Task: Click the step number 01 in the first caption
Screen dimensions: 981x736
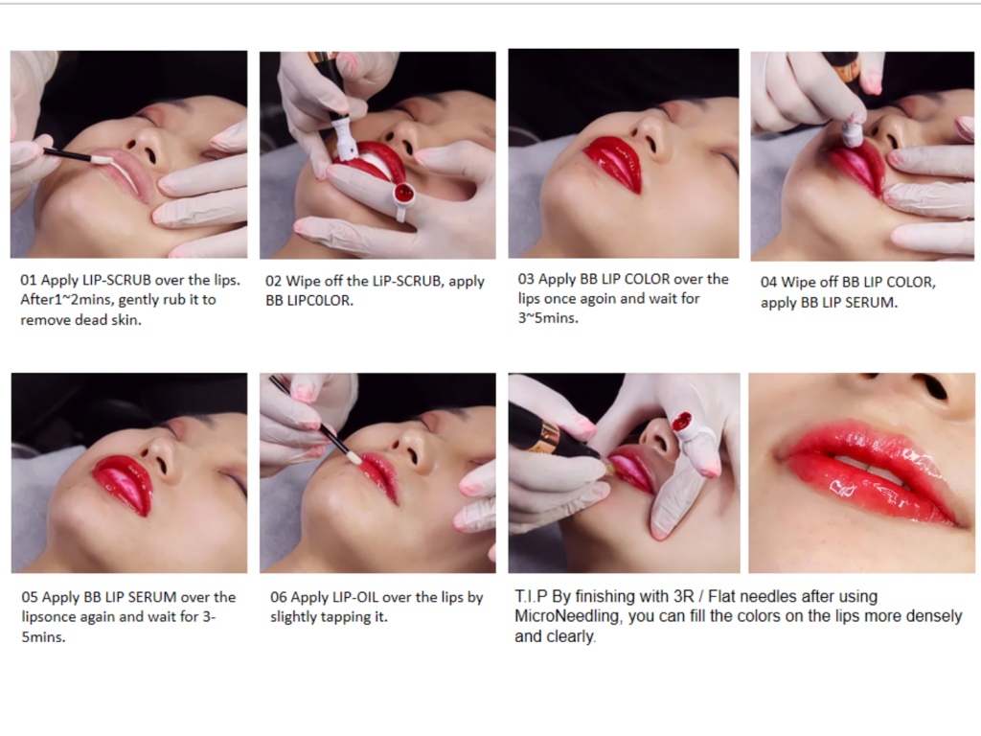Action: pyautogui.click(x=28, y=280)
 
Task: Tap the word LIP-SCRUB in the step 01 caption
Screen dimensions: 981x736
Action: pyautogui.click(x=116, y=280)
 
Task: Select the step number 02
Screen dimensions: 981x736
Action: pyautogui.click(x=273, y=281)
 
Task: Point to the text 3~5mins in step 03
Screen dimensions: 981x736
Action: pyautogui.click(x=547, y=318)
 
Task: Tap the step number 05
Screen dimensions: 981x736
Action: pyautogui.click(x=30, y=597)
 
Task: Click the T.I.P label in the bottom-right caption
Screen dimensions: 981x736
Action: pyautogui.click(x=531, y=596)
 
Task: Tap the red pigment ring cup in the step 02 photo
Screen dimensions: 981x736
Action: pyautogui.click(x=404, y=194)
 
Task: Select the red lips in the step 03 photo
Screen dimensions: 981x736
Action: pyautogui.click(x=614, y=163)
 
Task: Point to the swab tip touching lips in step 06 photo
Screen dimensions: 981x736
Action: pyautogui.click(x=354, y=458)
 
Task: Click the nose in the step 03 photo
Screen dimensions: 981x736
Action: pyautogui.click(x=650, y=132)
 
